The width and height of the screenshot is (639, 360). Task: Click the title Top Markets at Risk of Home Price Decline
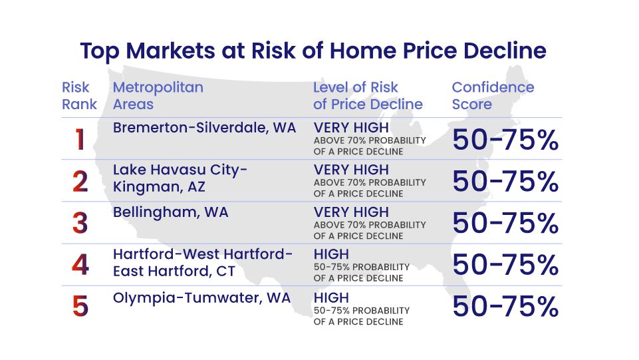coord(313,51)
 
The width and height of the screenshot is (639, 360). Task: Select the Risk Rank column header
coord(79,96)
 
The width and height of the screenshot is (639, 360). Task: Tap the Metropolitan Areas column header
coord(158,96)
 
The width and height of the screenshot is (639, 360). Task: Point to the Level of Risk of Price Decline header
coord(368,96)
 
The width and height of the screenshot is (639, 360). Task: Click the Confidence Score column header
coord(493,96)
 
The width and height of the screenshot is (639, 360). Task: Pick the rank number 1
coord(80,140)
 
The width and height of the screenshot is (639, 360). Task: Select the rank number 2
coord(80,182)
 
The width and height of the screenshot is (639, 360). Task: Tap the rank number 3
coord(80,224)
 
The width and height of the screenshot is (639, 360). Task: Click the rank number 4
coord(80,265)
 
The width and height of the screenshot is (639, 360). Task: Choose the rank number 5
coord(80,307)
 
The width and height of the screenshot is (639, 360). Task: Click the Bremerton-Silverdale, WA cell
coord(204,128)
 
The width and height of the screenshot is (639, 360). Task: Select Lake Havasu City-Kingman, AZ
coord(180,178)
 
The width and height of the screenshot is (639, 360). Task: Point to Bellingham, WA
coord(170,213)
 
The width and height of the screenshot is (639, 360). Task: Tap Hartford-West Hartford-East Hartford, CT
coord(203,263)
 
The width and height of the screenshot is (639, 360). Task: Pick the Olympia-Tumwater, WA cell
coord(201,298)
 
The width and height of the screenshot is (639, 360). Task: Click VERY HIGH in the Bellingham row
coord(351,212)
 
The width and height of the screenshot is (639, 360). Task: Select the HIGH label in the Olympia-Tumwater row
coord(331,298)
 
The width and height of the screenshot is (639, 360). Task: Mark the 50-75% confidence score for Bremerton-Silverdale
coord(505,140)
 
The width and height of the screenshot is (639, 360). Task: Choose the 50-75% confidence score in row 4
coord(505,265)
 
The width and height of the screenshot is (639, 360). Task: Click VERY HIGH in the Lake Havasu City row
coord(351,170)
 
